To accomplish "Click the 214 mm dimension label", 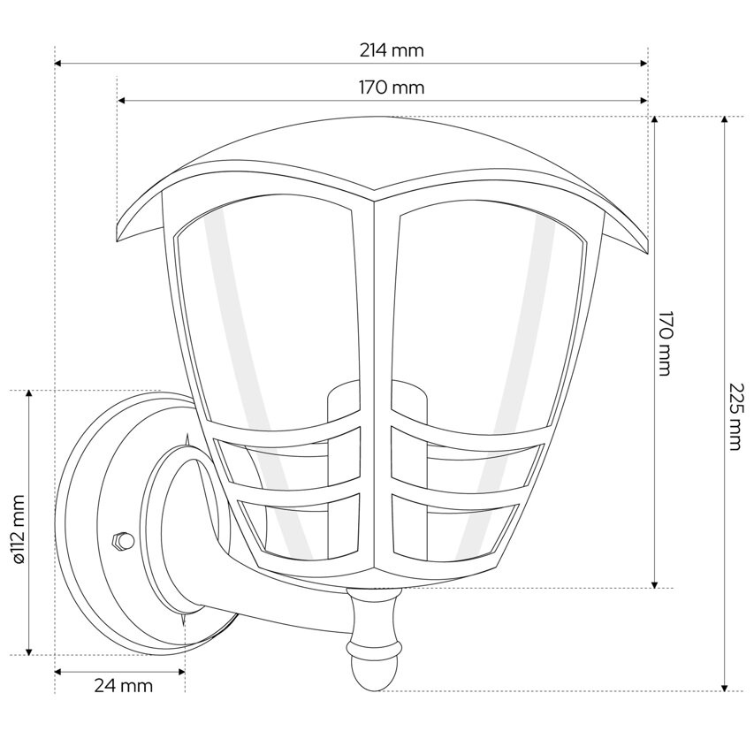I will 391,50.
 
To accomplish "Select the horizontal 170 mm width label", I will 391,88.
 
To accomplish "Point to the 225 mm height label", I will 735,416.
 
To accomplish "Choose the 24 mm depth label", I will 123,685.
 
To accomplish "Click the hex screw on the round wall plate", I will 121,540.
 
